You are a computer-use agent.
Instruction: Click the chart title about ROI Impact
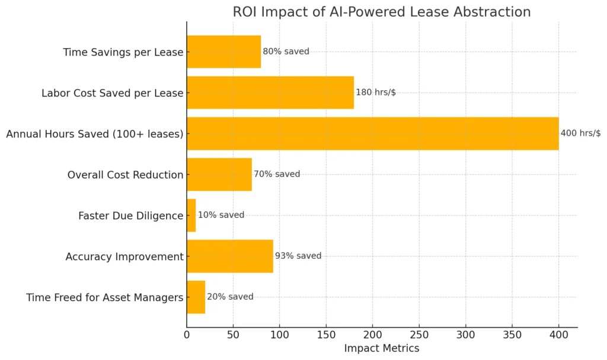(382, 12)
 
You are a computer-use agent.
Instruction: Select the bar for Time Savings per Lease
(224, 52)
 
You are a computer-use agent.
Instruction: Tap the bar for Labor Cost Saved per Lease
(270, 93)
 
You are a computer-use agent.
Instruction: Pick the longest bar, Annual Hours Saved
(372, 133)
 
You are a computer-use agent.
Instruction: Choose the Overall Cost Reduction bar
(219, 174)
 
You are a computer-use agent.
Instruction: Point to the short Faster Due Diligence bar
(191, 215)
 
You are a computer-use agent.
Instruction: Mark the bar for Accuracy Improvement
(230, 256)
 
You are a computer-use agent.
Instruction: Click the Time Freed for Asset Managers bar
(196, 297)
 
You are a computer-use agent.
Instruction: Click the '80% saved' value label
(286, 52)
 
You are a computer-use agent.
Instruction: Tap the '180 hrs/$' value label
(376, 93)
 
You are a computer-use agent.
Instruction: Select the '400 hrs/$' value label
(580, 133)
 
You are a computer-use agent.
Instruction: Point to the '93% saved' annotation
(298, 256)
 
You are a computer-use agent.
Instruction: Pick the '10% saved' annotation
(221, 215)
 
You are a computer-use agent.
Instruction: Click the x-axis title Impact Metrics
(382, 349)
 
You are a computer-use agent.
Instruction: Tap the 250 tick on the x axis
(419, 334)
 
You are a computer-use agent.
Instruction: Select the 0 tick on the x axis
(187, 334)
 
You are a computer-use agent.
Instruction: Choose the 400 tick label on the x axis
(558, 334)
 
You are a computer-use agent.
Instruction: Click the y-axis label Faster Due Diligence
(130, 216)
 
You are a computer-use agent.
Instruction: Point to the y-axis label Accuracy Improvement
(124, 257)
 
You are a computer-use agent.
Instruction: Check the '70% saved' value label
(277, 174)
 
